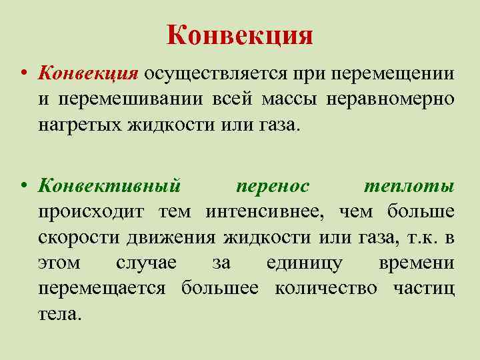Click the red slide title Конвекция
tap(240, 34)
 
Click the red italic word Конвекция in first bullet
tap(89, 73)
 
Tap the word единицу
tap(305, 263)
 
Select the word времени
tap(417, 263)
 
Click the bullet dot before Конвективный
tap(23, 187)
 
